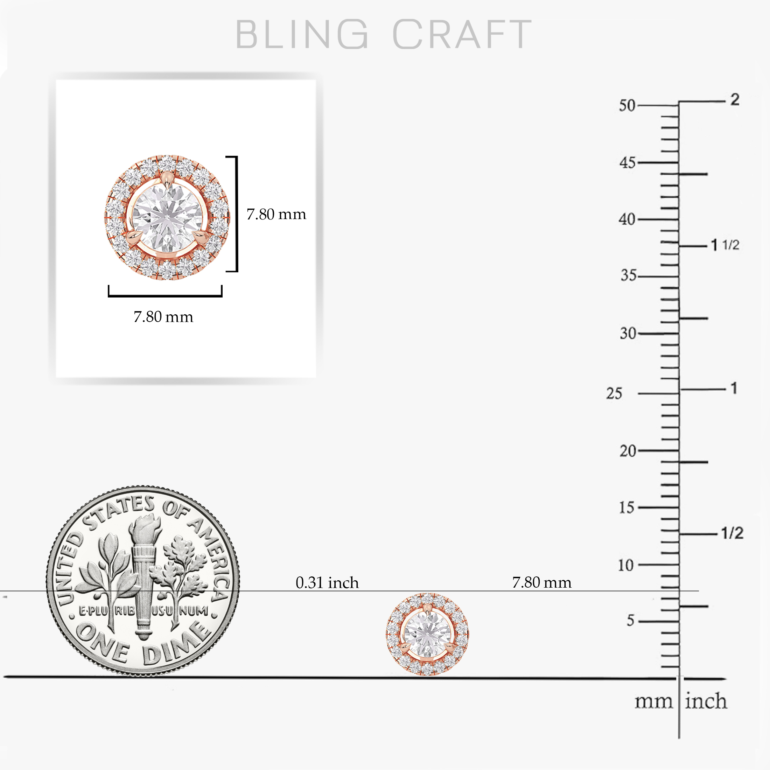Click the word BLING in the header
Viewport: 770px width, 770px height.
click(x=302, y=34)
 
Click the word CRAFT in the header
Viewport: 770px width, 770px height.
click(x=462, y=34)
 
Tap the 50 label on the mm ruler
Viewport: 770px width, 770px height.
click(x=627, y=106)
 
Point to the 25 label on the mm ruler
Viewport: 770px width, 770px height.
click(x=614, y=394)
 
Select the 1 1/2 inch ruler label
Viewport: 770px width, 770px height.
click(x=725, y=245)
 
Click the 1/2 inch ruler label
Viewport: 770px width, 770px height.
click(x=733, y=533)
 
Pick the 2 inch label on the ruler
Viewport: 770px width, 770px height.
click(x=735, y=99)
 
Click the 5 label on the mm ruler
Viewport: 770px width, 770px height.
click(x=630, y=620)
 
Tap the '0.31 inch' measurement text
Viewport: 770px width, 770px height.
click(x=327, y=583)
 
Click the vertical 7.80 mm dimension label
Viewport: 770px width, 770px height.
click(x=276, y=215)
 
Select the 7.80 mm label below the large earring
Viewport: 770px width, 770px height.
click(x=163, y=317)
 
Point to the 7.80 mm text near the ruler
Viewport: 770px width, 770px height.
click(x=542, y=582)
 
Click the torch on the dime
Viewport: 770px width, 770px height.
click(x=144, y=574)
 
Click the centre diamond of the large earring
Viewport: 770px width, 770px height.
click(x=167, y=217)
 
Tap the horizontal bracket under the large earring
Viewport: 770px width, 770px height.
click(x=165, y=295)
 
